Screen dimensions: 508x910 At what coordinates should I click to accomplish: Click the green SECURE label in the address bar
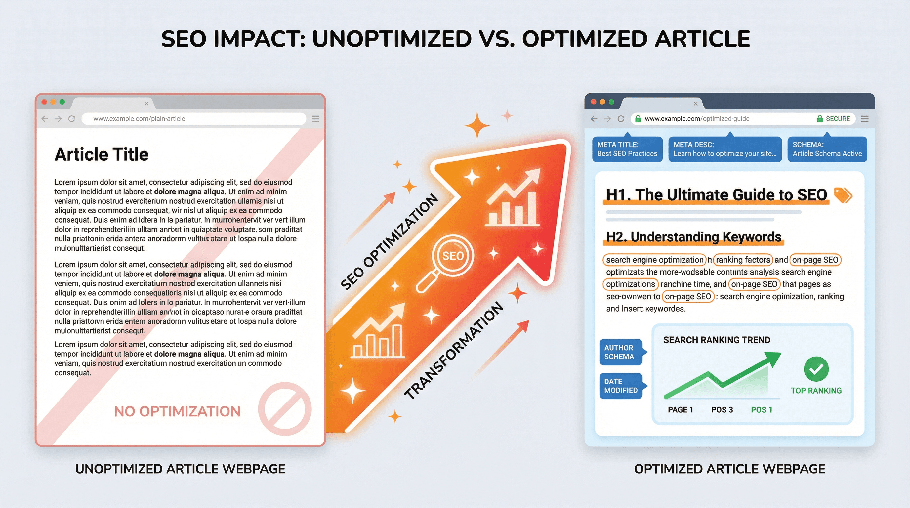click(834, 119)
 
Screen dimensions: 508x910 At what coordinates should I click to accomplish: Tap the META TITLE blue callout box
click(627, 149)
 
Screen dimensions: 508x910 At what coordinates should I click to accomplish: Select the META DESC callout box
click(724, 149)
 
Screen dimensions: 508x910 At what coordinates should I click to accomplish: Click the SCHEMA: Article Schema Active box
click(827, 149)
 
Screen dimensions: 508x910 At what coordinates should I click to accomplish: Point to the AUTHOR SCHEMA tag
click(621, 352)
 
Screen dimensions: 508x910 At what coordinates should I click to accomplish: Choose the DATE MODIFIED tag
click(621, 386)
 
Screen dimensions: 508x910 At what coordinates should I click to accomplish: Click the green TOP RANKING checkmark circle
click(816, 369)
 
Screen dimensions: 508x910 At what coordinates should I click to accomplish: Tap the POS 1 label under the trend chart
click(761, 410)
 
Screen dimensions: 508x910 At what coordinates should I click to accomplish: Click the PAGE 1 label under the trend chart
click(680, 410)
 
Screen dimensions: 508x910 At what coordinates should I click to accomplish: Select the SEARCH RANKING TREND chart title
click(717, 340)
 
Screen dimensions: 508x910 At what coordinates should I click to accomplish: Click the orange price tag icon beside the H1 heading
click(843, 195)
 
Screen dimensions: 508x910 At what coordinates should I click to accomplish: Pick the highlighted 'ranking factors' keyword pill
click(743, 260)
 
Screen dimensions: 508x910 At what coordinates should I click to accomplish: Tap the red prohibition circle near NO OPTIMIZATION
click(284, 409)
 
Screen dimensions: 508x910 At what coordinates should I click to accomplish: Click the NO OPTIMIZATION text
click(177, 411)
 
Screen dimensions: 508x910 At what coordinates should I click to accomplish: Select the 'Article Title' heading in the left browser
click(102, 154)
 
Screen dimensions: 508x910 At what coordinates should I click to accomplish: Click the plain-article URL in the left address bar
click(139, 119)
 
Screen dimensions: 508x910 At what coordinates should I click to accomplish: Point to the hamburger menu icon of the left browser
click(315, 119)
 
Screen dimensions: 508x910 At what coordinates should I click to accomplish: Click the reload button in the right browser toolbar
click(621, 119)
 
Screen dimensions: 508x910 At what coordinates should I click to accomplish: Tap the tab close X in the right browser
click(695, 104)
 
